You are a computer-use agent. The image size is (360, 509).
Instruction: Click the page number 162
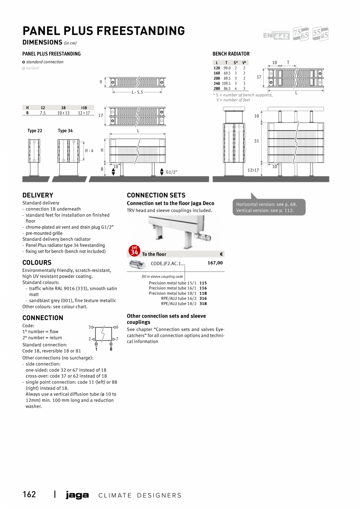click(x=29, y=495)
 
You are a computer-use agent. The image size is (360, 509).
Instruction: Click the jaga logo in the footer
click(x=77, y=495)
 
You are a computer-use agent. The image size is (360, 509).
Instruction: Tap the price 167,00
click(x=215, y=263)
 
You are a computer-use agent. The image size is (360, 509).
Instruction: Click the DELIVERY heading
click(x=38, y=195)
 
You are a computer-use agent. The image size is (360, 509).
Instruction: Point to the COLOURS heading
click(x=37, y=263)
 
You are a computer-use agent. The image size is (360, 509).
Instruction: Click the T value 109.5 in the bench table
click(x=226, y=83)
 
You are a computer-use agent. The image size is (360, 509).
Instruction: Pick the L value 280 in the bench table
click(x=217, y=89)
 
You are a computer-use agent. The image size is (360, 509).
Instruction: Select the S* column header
click(x=236, y=63)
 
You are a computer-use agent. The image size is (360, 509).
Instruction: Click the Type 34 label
click(x=65, y=131)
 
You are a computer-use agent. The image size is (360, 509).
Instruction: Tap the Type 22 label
click(x=35, y=131)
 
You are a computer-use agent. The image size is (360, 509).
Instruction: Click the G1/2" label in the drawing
click(x=171, y=172)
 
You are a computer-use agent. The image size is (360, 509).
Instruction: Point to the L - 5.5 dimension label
click(x=137, y=92)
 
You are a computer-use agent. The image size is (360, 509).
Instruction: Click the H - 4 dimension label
click(x=89, y=151)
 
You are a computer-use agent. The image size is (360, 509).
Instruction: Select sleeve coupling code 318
click(x=203, y=304)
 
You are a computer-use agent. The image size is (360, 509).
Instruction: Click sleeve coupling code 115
click(x=203, y=283)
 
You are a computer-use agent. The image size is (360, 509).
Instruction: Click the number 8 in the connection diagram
click(x=111, y=349)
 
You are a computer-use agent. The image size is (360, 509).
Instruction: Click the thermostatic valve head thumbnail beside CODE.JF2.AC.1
click(x=137, y=264)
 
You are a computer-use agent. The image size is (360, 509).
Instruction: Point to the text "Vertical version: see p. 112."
click(x=265, y=211)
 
